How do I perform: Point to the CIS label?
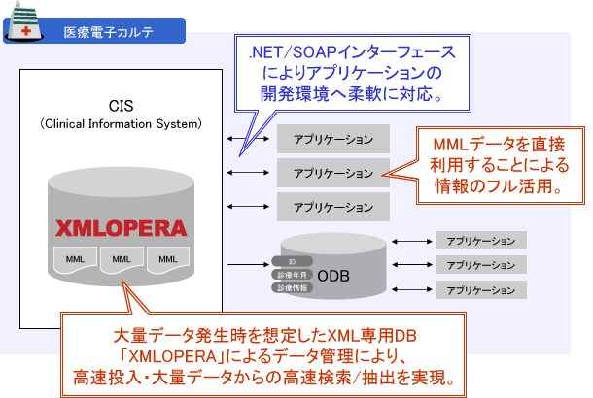coord(121,105)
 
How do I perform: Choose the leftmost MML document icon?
coord(75,259)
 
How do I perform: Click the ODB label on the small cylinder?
coord(340,276)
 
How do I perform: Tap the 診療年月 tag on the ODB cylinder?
coord(291,275)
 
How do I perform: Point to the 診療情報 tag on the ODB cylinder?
coord(291,288)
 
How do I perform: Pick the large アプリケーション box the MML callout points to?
coord(331,172)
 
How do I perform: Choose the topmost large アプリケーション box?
coord(331,138)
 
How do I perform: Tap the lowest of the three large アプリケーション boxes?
coord(331,206)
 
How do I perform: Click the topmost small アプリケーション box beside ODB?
coord(481,240)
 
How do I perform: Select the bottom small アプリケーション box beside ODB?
coord(481,289)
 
